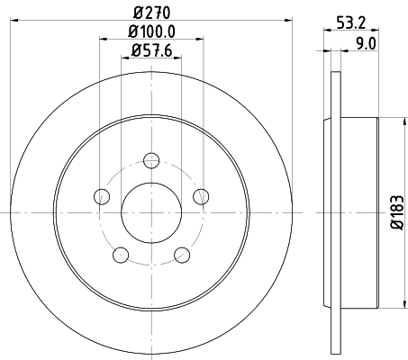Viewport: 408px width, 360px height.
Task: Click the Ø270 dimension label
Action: [x=151, y=12]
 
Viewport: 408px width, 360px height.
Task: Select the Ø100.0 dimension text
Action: [x=151, y=34]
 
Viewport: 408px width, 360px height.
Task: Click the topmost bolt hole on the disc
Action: [x=151, y=160]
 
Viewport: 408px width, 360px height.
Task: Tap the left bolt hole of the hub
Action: [x=102, y=196]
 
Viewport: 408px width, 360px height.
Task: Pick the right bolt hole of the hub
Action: [x=201, y=196]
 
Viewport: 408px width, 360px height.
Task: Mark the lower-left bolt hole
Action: [x=121, y=254]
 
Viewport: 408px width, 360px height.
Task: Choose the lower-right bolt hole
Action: [x=182, y=254]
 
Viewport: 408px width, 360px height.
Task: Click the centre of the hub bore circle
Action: [x=151, y=212]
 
